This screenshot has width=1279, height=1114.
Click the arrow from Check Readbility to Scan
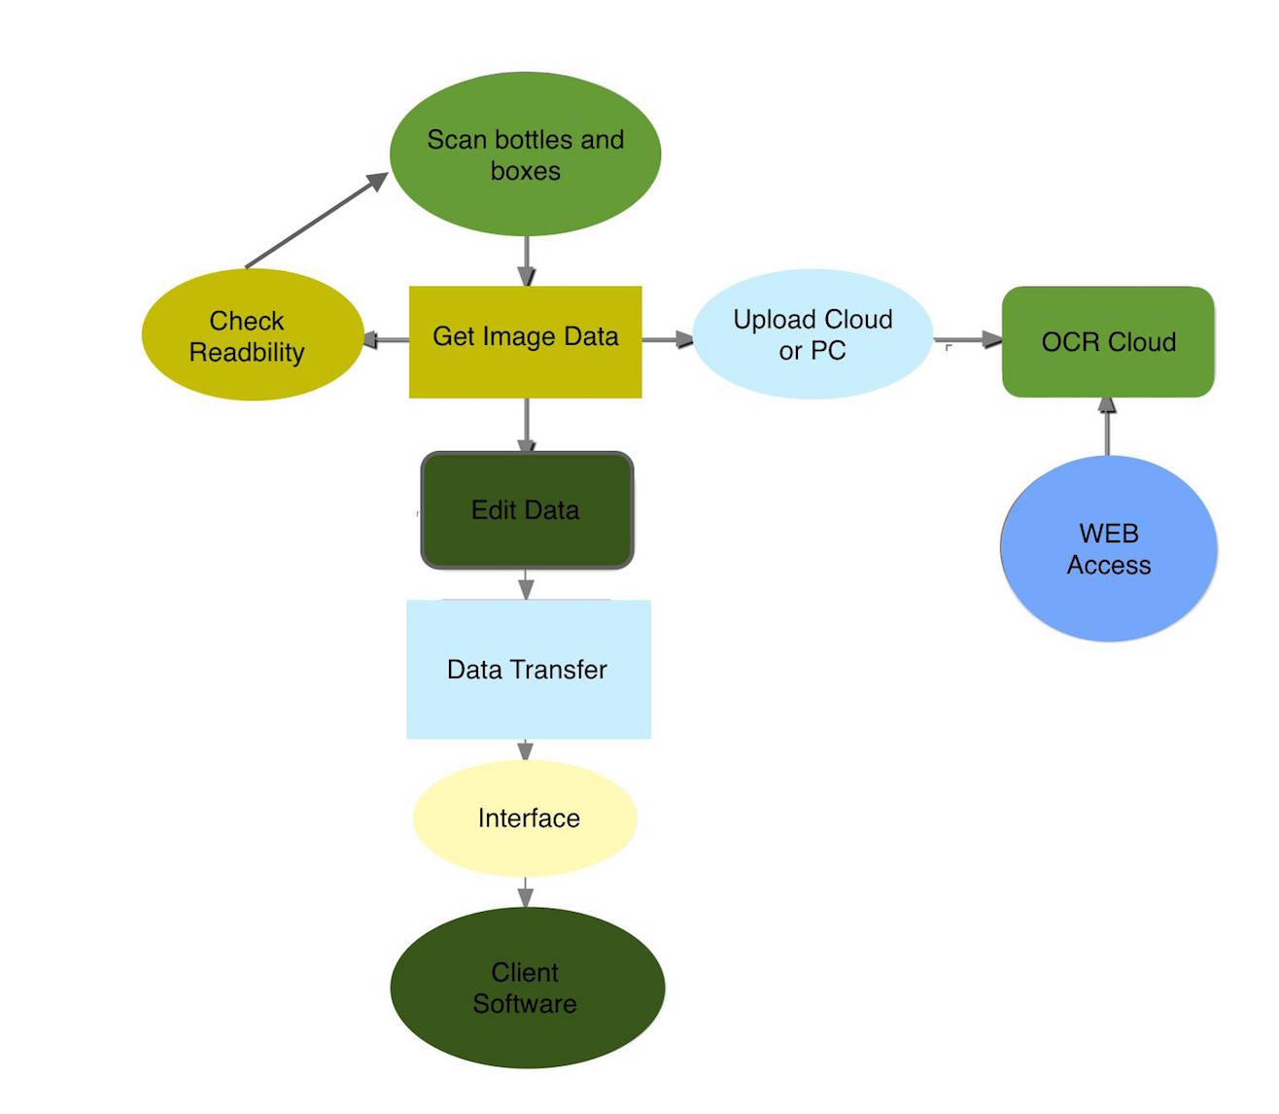[x=315, y=222]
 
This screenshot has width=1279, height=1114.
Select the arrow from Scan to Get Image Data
[x=526, y=261]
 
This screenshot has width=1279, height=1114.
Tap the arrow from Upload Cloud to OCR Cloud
[x=967, y=339]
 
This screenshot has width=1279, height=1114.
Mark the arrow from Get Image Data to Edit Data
[x=526, y=425]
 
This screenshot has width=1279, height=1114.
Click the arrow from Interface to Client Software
[x=525, y=892]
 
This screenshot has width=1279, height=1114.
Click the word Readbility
[x=247, y=353]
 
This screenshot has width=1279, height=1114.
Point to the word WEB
[x=1109, y=534]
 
